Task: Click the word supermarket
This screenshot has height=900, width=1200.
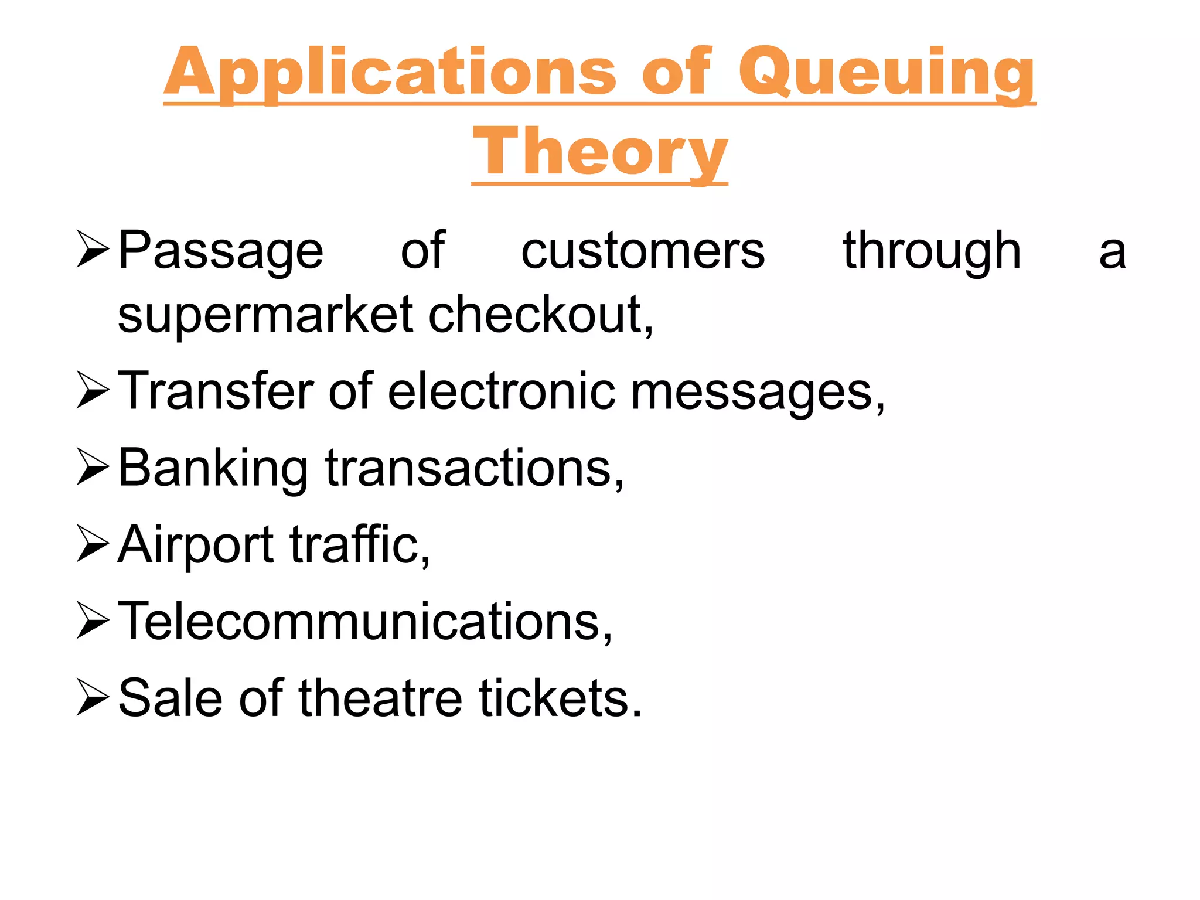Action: click(268, 315)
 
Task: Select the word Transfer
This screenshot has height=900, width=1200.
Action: click(216, 391)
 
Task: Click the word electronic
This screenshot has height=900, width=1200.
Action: click(502, 391)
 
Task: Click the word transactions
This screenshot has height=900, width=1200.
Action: click(474, 469)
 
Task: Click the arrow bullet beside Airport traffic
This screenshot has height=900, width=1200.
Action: click(93, 544)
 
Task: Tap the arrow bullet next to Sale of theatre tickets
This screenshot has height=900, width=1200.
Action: click(93, 697)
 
